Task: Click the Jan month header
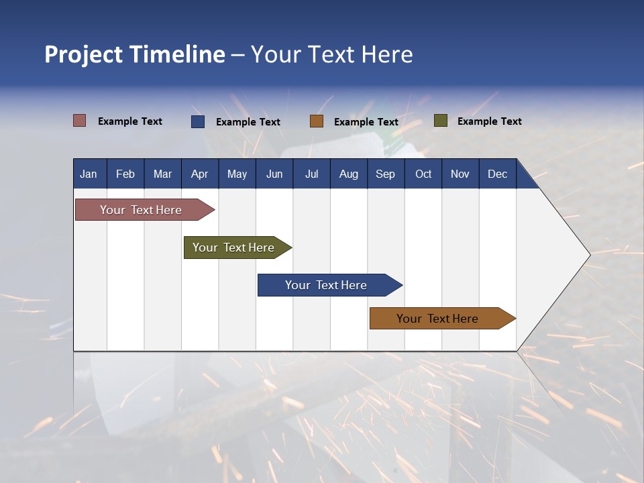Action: click(x=89, y=174)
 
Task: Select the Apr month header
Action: click(x=199, y=174)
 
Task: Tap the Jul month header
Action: click(x=311, y=174)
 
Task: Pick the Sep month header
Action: click(x=385, y=174)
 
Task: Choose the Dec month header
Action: click(x=497, y=174)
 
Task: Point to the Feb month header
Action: click(x=125, y=174)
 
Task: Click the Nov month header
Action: click(x=460, y=174)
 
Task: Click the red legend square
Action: click(x=80, y=121)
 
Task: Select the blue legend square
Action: click(x=198, y=121)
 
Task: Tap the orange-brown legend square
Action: click(x=317, y=121)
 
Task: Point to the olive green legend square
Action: click(x=440, y=121)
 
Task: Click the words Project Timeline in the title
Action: click(x=135, y=54)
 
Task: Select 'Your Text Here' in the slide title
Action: click(x=332, y=54)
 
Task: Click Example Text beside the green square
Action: click(x=489, y=121)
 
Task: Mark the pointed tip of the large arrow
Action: click(x=589, y=255)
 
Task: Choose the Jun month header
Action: click(x=274, y=174)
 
